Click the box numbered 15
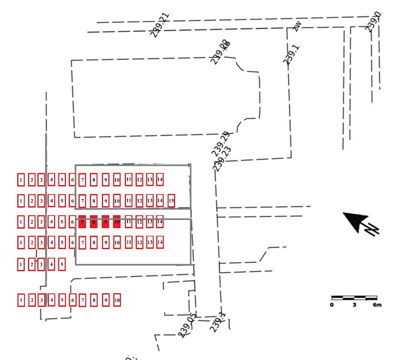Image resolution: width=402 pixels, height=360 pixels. [171, 201]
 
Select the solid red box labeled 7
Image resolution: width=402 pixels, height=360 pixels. [82, 222]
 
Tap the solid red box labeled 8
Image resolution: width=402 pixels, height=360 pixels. [94, 222]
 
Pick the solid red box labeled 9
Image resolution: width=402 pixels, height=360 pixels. [106, 222]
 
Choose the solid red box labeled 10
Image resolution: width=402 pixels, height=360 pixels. [117, 222]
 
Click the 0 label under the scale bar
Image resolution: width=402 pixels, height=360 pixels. [332, 305]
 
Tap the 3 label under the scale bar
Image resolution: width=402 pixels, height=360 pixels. [354, 305]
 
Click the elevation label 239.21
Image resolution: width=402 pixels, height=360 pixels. [160, 25]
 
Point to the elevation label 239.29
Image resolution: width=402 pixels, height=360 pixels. [220, 144]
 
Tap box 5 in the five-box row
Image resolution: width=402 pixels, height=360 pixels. [62, 265]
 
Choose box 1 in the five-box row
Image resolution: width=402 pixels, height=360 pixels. [21, 265]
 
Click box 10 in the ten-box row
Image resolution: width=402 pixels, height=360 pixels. [117, 300]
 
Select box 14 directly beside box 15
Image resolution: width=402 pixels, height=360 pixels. [160, 201]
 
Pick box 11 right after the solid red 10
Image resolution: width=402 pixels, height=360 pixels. [128, 221]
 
